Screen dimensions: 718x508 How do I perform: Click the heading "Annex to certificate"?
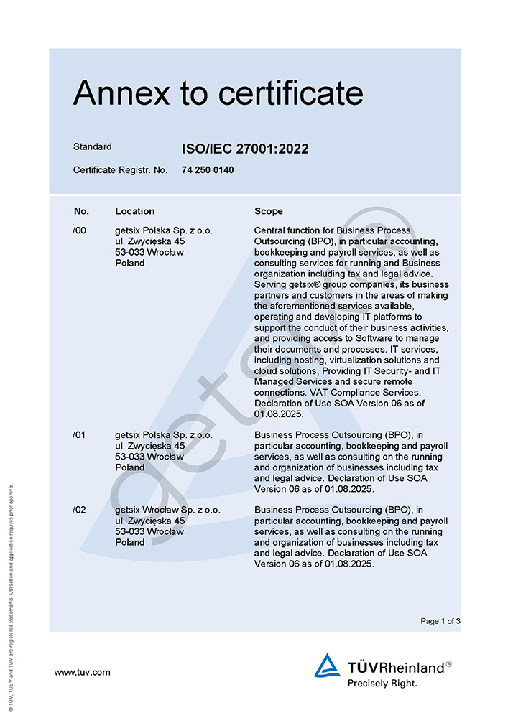218,93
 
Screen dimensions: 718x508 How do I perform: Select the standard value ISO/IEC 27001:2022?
245,149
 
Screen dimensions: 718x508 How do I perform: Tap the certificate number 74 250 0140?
208,170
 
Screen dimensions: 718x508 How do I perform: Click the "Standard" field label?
93,146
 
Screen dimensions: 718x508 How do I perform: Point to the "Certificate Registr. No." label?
120,170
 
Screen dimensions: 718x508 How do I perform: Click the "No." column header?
81,211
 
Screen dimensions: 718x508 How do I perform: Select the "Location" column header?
134,211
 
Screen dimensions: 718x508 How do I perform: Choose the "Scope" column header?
269,211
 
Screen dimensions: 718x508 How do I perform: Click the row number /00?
80,230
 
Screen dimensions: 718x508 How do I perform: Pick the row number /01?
80,434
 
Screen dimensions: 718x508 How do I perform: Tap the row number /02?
80,510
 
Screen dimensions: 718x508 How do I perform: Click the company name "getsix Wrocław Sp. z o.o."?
167,510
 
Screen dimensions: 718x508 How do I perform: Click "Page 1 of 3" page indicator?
440,621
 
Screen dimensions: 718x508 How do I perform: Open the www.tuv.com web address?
83,672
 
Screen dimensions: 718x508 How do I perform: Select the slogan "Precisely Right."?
382,683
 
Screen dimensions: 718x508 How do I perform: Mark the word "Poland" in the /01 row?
129,467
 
